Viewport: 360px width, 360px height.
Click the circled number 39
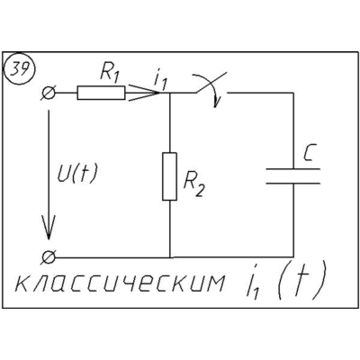point(19,70)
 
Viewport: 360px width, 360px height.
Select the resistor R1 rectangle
point(101,93)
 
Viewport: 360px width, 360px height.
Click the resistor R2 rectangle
point(169,176)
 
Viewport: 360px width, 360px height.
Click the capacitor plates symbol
point(293,176)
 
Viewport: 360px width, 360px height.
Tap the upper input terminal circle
point(49,93)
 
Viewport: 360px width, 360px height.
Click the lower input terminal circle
point(49,257)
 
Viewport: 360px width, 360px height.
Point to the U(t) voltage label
point(77,174)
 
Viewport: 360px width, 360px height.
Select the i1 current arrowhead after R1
point(142,93)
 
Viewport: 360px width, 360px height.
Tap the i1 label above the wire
point(160,81)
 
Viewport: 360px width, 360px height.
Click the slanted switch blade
point(211,83)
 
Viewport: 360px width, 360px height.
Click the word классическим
point(120,282)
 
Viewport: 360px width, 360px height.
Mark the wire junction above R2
point(170,93)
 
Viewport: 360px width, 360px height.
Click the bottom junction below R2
point(170,257)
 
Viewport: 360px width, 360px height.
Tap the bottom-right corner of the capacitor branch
point(293,257)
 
